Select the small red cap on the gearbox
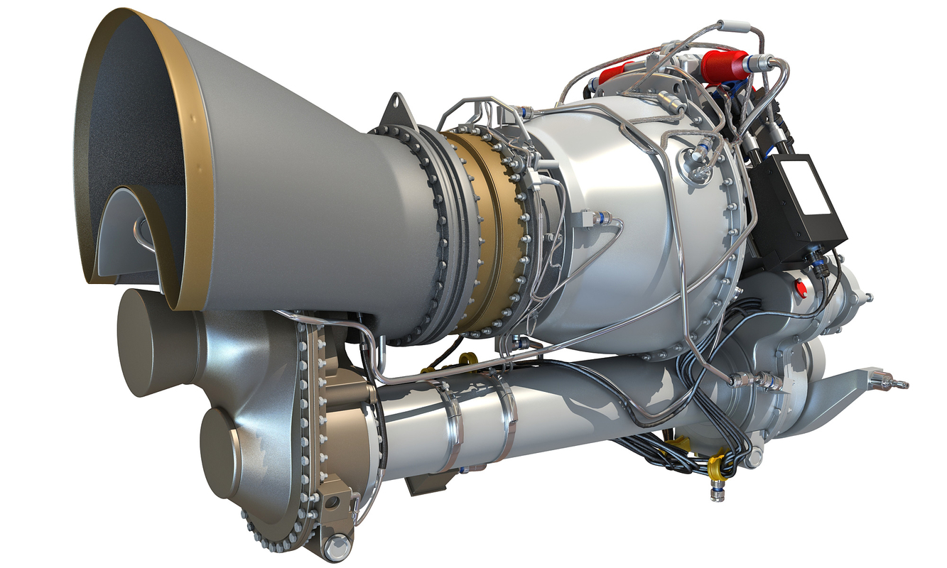[x=802, y=288]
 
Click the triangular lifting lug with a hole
[x=397, y=113]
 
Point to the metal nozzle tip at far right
[x=898, y=384]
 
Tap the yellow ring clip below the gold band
[x=470, y=357]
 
